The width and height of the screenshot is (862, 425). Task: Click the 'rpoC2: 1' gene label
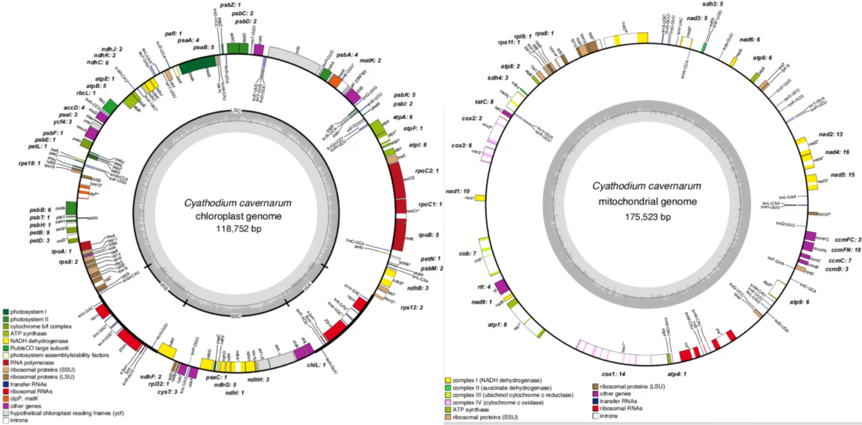(427, 171)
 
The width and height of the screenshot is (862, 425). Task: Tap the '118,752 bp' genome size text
(238, 229)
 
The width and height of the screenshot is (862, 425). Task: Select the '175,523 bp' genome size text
(648, 217)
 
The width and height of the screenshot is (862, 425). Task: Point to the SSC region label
(236, 316)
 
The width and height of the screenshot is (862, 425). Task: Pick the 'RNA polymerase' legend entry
(32, 363)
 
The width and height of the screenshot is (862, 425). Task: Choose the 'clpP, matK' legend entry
(24, 398)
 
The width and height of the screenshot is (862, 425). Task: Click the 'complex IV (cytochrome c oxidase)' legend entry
(498, 403)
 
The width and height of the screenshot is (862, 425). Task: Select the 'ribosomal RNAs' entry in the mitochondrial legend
(621, 408)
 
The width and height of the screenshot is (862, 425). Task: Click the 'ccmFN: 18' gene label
(845, 250)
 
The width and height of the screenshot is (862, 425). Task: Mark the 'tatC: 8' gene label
(484, 102)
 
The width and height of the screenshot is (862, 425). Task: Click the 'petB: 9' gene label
(40, 233)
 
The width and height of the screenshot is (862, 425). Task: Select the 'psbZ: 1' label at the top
(230, 5)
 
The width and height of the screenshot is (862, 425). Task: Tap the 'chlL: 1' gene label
(316, 365)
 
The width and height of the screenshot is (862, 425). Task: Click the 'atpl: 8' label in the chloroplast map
(418, 145)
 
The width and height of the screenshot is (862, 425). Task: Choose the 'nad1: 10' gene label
(457, 191)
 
